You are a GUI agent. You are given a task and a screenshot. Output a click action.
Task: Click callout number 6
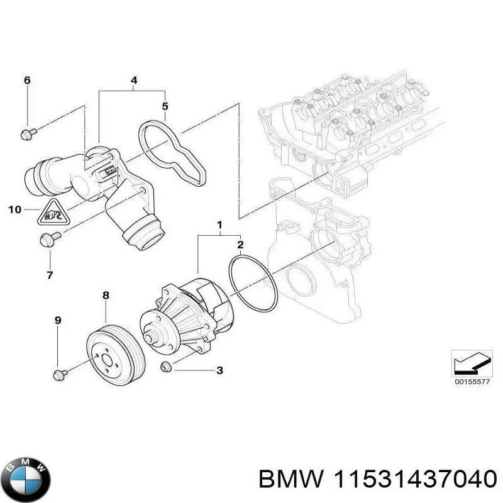point(26,80)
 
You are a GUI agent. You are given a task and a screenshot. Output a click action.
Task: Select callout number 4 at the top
point(134,80)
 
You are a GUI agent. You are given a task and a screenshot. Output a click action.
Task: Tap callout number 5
point(165,106)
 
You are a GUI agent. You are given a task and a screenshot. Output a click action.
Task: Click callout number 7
point(50,275)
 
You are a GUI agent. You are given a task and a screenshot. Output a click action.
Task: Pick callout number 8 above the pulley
point(106,295)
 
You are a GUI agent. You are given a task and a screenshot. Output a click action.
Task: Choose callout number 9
point(57,321)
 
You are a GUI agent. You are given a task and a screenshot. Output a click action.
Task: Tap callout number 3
point(219,371)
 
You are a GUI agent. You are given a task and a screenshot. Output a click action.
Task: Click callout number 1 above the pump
point(219,224)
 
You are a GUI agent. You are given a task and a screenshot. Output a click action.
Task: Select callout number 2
point(240,245)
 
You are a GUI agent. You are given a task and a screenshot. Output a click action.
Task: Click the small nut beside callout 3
point(167,367)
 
